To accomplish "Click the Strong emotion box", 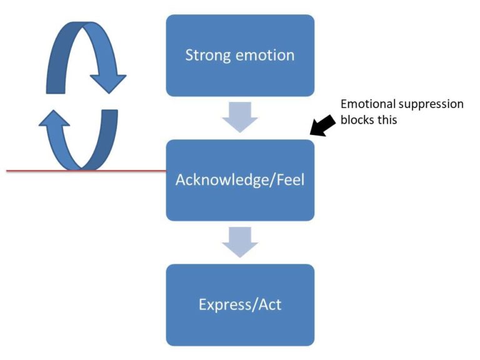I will tap(240, 55).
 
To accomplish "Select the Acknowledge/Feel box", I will tap(240, 180).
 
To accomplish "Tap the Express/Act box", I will tap(240, 305).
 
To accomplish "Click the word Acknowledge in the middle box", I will tap(218, 180).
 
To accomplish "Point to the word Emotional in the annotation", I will tap(362, 104).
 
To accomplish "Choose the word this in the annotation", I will tap(386, 119).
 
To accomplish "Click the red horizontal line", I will tap(37, 170).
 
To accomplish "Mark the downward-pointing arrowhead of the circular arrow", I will tap(107, 81).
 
